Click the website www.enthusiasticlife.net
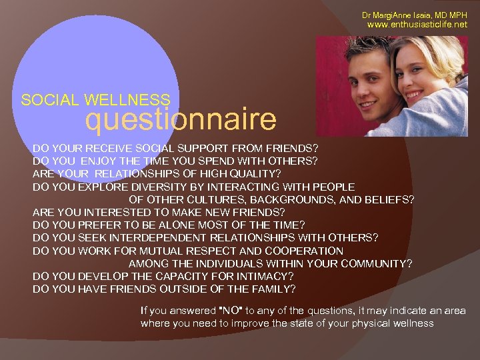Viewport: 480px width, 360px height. click(418, 25)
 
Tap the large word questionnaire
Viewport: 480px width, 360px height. click(181, 120)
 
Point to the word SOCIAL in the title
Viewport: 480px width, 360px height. click(49, 101)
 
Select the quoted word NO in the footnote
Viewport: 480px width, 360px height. click(231, 311)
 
